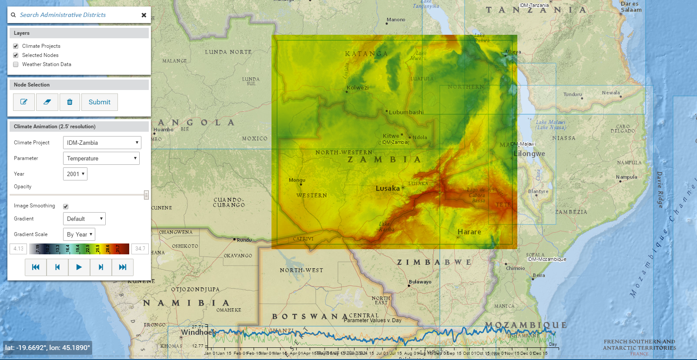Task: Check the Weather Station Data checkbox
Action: [x=16, y=64]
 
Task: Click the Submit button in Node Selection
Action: [x=100, y=102]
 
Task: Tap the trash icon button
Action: [x=70, y=102]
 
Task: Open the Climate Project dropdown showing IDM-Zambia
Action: [x=102, y=143]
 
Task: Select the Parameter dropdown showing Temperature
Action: [x=101, y=158]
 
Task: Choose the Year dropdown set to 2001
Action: [x=75, y=174]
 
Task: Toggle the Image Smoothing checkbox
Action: [x=66, y=207]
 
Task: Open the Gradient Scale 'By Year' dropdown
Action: [x=79, y=234]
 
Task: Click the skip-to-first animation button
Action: [x=36, y=267]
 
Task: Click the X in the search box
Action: [x=144, y=15]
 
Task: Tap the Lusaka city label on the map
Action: [x=388, y=188]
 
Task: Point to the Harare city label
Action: [x=469, y=232]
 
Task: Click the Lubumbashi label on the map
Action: [x=406, y=112]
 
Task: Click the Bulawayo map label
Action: [x=420, y=282]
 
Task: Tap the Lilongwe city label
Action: [x=529, y=153]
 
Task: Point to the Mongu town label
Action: [x=297, y=180]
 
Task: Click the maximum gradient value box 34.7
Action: [x=140, y=249]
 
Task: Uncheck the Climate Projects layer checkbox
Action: [x=16, y=46]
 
